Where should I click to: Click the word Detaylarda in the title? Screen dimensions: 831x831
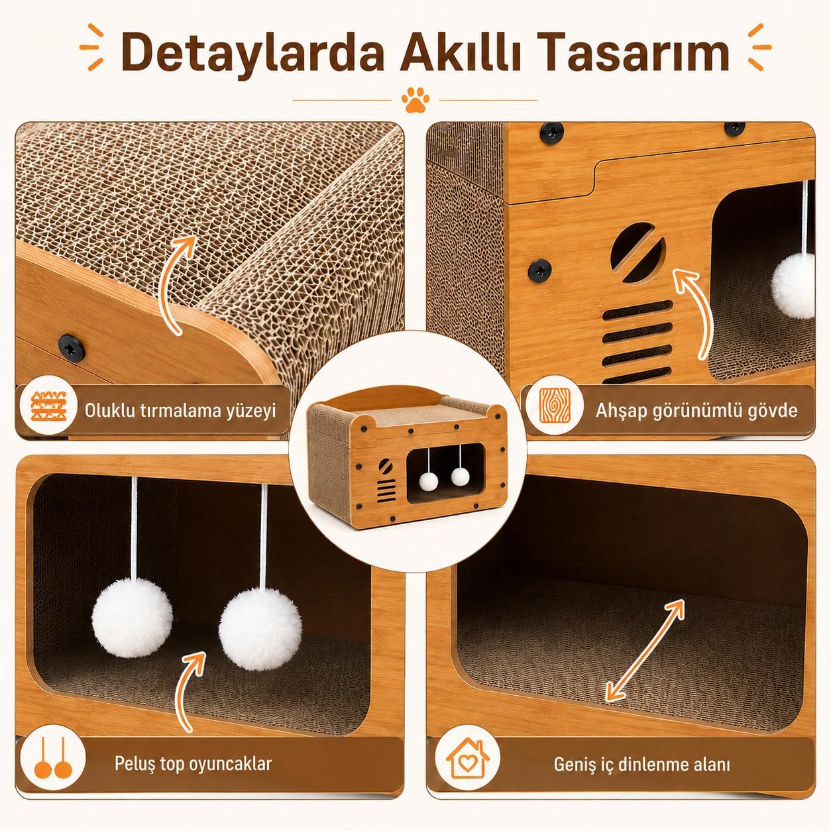click(x=252, y=52)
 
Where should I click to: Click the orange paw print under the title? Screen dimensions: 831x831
click(x=415, y=100)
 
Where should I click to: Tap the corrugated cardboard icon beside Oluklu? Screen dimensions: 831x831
click(x=49, y=406)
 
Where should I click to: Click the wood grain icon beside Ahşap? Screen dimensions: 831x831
click(x=555, y=406)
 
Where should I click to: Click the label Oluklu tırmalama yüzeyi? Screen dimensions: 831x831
click(x=180, y=411)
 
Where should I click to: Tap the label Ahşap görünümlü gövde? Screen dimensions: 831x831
click(x=696, y=411)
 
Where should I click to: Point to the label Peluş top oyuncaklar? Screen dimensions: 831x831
click(x=194, y=763)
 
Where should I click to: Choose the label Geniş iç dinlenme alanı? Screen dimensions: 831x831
click(x=642, y=764)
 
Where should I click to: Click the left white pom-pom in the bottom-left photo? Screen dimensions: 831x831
click(x=132, y=618)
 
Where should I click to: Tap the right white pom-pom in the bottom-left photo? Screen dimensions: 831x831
click(x=260, y=628)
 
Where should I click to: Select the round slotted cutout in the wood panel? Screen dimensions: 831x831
click(x=637, y=252)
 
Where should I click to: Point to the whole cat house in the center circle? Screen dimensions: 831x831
click(x=408, y=456)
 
